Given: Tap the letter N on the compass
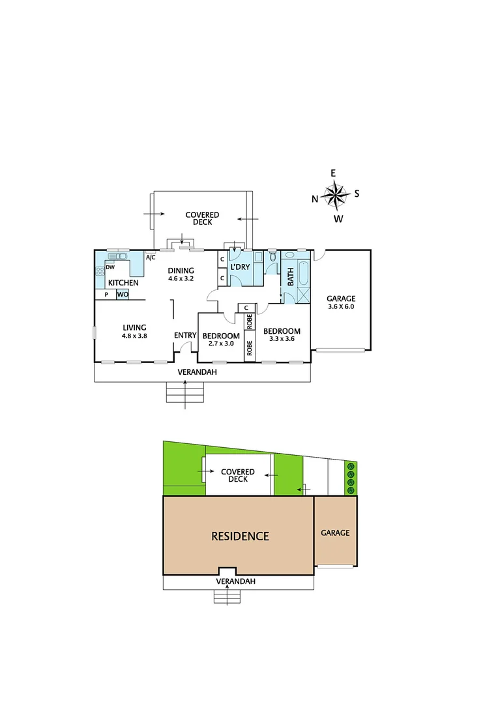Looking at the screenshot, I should click(x=315, y=199).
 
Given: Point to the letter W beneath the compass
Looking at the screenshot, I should click(x=338, y=219).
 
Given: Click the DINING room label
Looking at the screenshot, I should click(x=181, y=271).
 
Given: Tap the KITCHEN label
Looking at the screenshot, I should click(x=123, y=283).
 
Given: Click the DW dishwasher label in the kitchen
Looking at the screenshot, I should click(x=110, y=267).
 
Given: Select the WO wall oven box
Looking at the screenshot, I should click(x=123, y=295).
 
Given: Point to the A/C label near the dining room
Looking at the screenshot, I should click(x=151, y=257).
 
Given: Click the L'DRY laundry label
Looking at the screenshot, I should click(x=241, y=267).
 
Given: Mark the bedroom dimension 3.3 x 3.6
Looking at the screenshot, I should click(x=282, y=339).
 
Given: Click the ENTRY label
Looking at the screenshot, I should click(x=185, y=336).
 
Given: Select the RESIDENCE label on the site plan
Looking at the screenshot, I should click(x=240, y=536).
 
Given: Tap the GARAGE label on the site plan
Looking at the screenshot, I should click(x=335, y=533).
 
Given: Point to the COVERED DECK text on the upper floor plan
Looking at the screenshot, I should click(x=202, y=218).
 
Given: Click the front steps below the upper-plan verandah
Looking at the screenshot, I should click(x=186, y=391).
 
